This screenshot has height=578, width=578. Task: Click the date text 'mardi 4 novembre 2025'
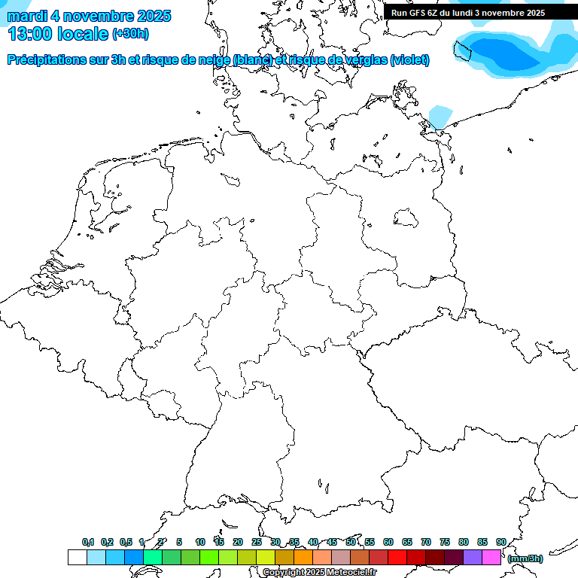89,16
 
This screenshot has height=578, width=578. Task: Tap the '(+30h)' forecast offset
130,34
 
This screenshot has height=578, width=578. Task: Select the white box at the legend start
77,558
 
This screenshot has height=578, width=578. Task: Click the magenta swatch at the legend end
491,558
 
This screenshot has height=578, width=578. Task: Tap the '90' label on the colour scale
501,542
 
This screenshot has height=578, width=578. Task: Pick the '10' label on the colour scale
200,542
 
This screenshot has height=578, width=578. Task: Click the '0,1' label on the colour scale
88,542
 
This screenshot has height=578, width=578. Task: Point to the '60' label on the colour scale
388,542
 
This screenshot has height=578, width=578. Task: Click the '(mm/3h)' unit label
525,558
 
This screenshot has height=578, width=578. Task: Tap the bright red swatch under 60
397,558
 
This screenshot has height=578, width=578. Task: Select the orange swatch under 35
303,558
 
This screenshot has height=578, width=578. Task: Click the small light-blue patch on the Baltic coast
441,117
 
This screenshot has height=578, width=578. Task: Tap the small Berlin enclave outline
406,218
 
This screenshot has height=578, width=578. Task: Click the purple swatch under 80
472,558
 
